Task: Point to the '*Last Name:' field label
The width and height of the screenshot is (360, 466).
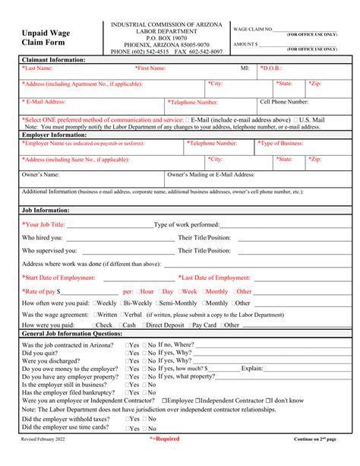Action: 38,68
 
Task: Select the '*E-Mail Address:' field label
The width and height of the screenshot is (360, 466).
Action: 45,101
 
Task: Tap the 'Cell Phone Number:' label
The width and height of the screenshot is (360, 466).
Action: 284,101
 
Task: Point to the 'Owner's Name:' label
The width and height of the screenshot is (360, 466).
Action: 41,175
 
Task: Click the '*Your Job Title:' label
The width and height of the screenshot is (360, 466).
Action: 43,225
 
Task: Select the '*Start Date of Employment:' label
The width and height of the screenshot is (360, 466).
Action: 61,278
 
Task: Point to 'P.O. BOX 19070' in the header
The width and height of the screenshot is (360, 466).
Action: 166,38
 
